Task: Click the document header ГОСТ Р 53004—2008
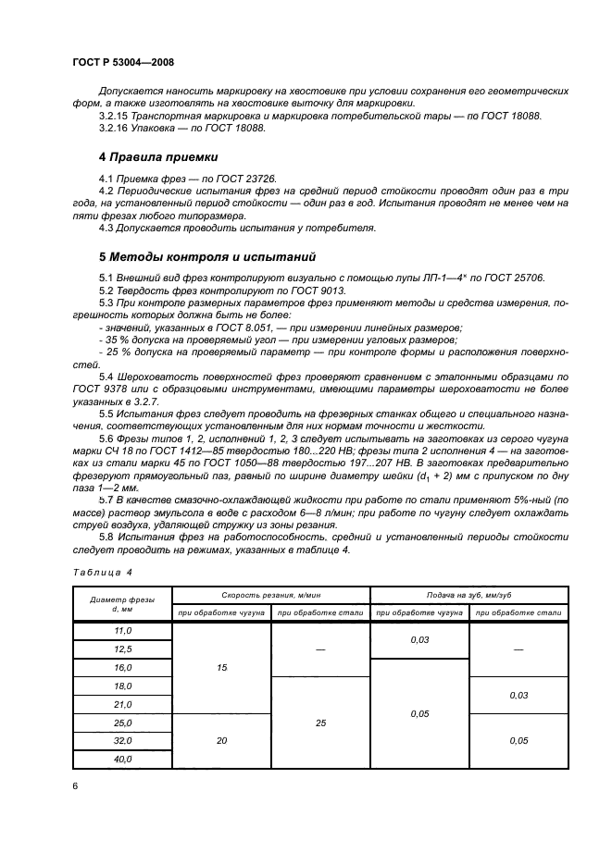[122, 62]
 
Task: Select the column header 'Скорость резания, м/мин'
[271, 595]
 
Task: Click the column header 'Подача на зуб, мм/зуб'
[468, 595]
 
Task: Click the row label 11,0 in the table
[122, 631]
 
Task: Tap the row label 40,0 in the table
[122, 759]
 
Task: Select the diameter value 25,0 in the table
[122, 723]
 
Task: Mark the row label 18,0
[122, 686]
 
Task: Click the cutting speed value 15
[222, 667]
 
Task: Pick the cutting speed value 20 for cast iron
[222, 741]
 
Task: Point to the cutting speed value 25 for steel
[320, 723]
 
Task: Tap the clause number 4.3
[106, 226]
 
